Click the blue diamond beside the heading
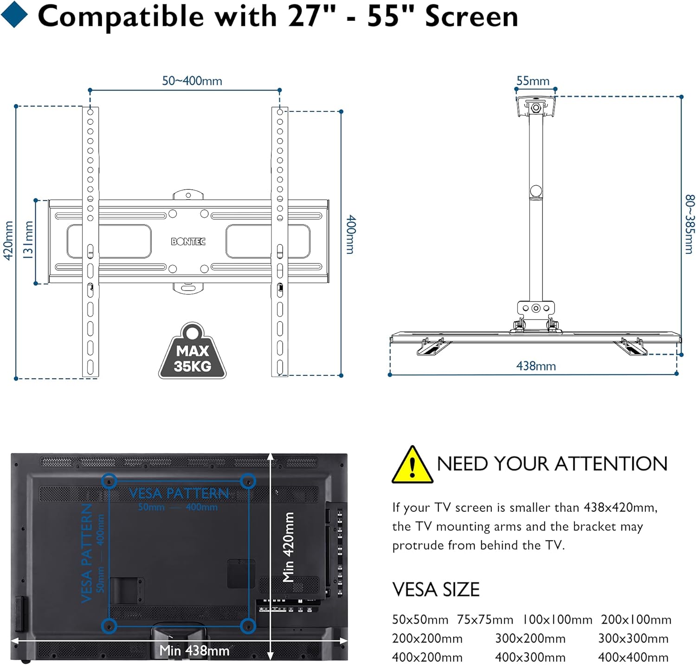pyautogui.click(x=15, y=14)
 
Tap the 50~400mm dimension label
pyautogui.click(x=192, y=81)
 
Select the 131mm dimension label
pyautogui.click(x=28, y=239)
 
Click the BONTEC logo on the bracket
pyautogui.click(x=188, y=241)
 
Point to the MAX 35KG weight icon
pyautogui.click(x=192, y=351)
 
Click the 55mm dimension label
pyautogui.click(x=533, y=81)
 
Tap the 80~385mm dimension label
pyautogui.click(x=690, y=224)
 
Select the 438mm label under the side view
pyautogui.click(x=536, y=366)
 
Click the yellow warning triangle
pyautogui.click(x=412, y=465)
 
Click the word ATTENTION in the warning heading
pyautogui.click(x=611, y=464)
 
